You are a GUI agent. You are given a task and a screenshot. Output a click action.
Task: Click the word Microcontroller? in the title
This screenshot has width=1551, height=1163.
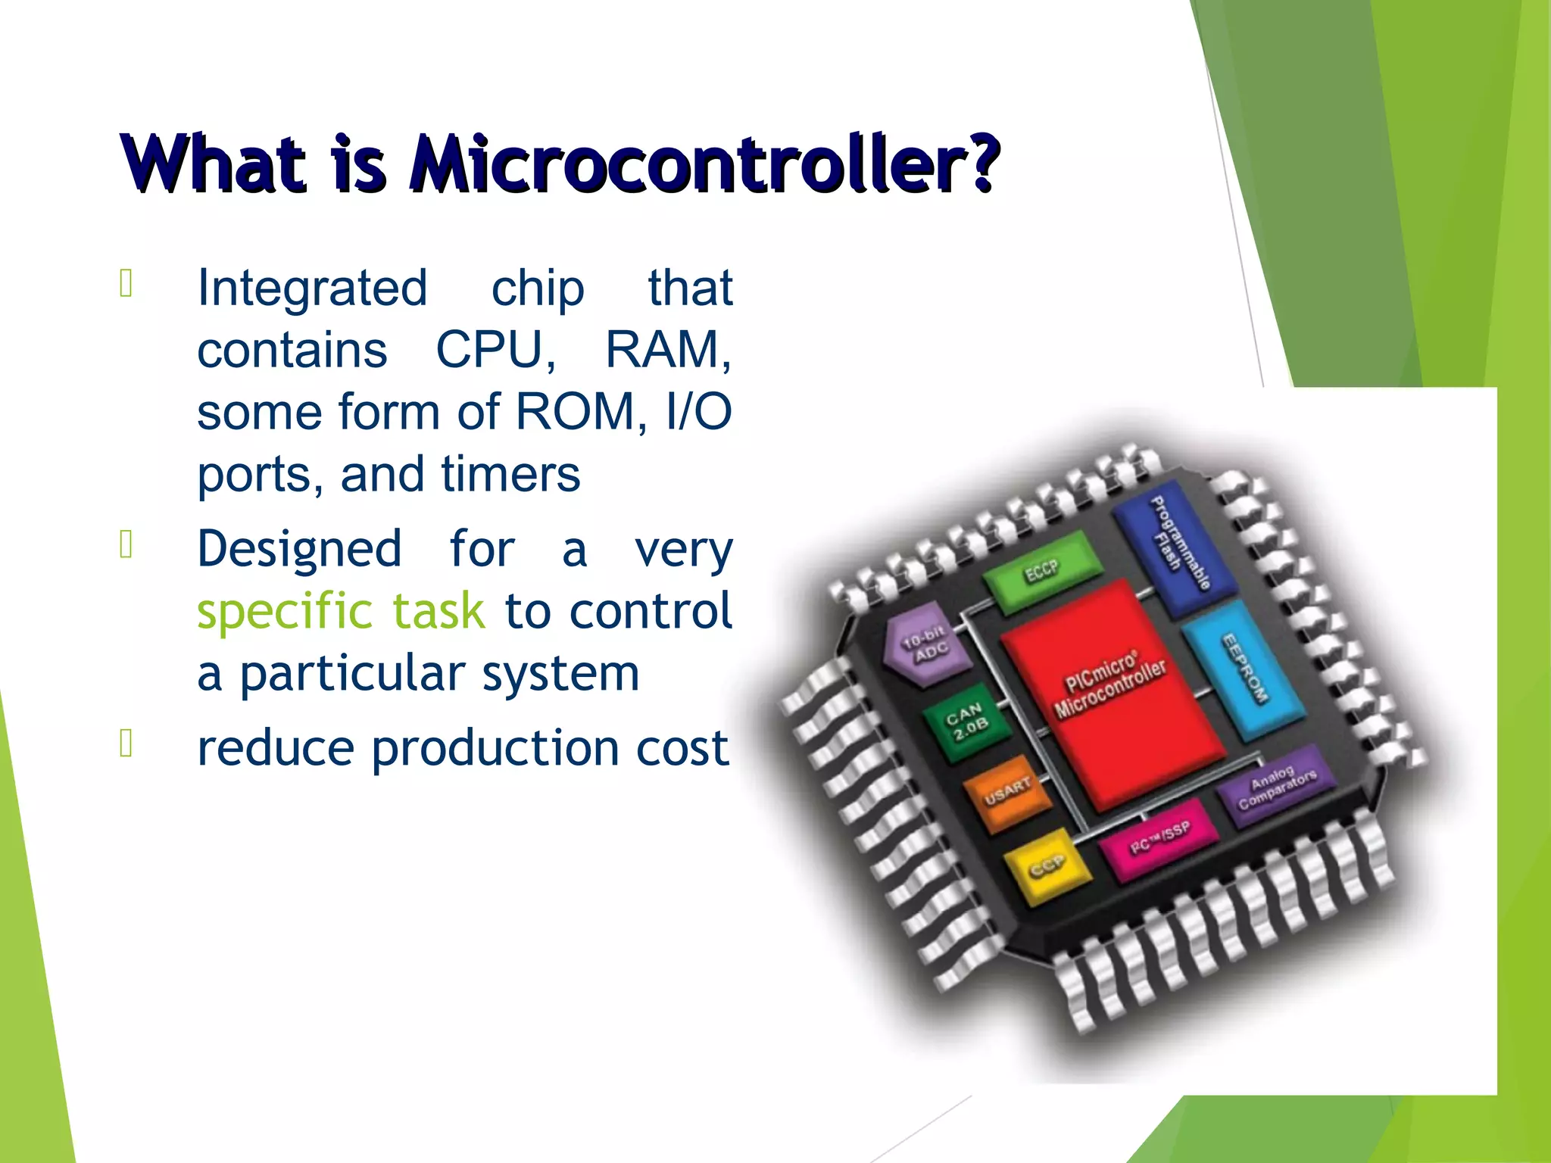coord(704,163)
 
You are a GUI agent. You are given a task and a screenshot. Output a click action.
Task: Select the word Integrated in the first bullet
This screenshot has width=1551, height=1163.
coord(312,288)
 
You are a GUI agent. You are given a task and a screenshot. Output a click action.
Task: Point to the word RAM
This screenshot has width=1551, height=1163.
coord(666,350)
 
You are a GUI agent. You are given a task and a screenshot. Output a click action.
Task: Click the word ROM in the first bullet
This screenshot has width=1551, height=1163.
coord(580,412)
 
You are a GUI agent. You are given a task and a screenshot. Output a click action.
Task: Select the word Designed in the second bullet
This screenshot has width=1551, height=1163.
coord(299,549)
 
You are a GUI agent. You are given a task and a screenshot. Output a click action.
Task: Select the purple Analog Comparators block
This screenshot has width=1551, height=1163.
coord(1277,787)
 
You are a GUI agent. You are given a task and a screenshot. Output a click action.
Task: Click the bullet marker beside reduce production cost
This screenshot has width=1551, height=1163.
coord(126,744)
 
